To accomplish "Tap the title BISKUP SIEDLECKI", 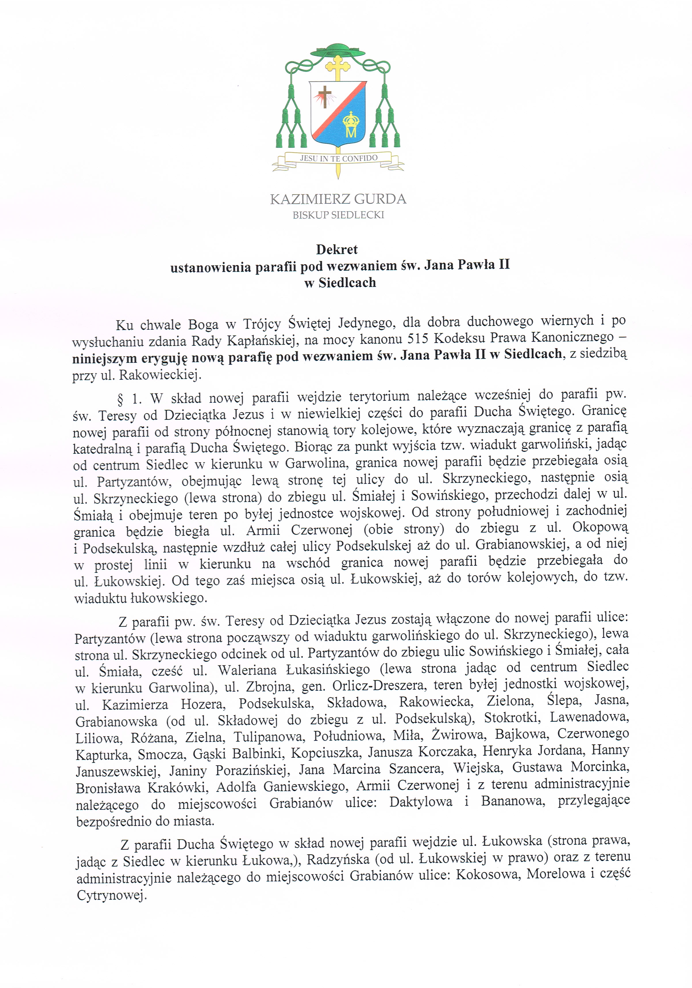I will [x=338, y=215].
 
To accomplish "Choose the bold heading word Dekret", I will [x=337, y=249].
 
